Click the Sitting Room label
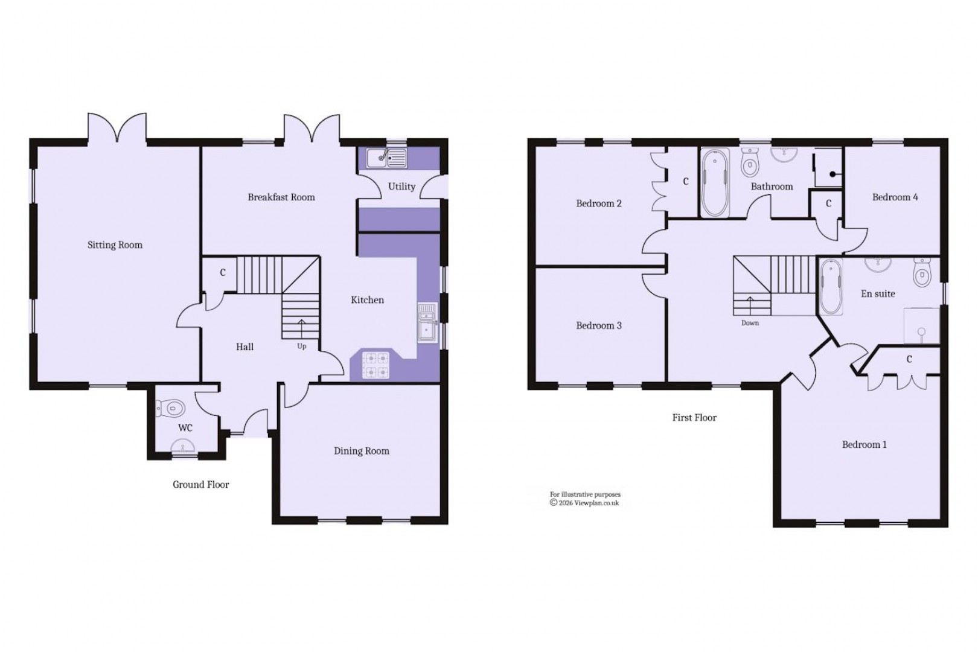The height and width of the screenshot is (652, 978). pyautogui.click(x=115, y=245)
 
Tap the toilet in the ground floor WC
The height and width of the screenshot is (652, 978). pyautogui.click(x=172, y=409)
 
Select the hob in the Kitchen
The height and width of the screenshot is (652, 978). pyautogui.click(x=376, y=365)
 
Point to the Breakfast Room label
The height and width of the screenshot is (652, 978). pyautogui.click(x=281, y=197)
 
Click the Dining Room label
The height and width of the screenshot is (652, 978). pyautogui.click(x=362, y=451)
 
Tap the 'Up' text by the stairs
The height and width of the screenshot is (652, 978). pyautogui.click(x=301, y=347)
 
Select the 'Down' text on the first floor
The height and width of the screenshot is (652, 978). pyautogui.click(x=750, y=323)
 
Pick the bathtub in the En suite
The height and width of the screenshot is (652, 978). pyautogui.click(x=831, y=286)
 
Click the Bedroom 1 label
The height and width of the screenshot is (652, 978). pyautogui.click(x=864, y=445)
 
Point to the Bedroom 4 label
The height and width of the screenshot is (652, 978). pyautogui.click(x=895, y=197)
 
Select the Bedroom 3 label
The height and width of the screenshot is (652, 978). pyautogui.click(x=598, y=326)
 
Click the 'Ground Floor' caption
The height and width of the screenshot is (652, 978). pyautogui.click(x=200, y=485)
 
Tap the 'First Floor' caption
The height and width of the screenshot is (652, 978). pyautogui.click(x=694, y=418)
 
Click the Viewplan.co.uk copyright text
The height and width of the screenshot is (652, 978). pyautogui.click(x=584, y=503)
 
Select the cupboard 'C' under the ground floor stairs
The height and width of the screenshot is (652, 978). pyautogui.click(x=223, y=273)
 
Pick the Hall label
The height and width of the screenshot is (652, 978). pyautogui.click(x=245, y=347)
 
